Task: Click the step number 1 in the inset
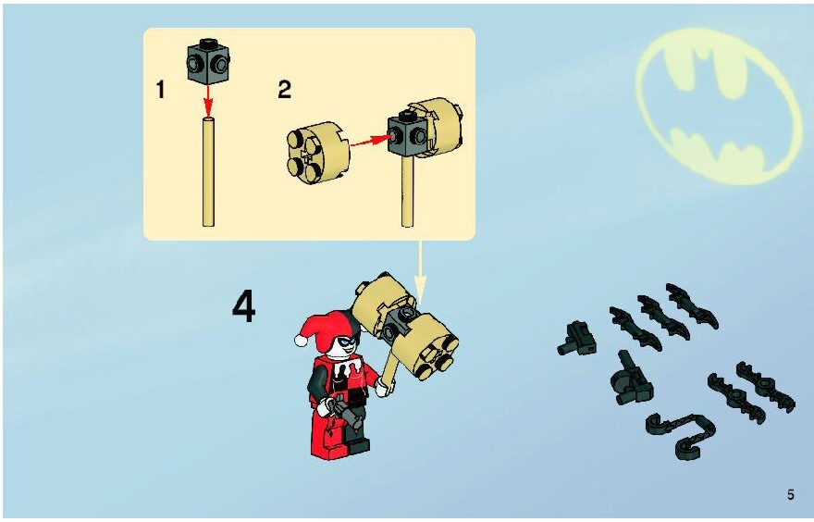pos(160,90)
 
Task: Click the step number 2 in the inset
pos(285,90)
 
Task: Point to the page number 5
pos(790,494)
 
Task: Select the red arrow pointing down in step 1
pos(208,101)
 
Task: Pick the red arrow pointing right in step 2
pos(371,141)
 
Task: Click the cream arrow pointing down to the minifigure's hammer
pos(420,272)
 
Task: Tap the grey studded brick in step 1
pos(208,61)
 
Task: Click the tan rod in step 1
pos(208,172)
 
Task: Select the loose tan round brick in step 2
pos(317,152)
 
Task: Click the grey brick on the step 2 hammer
pos(408,134)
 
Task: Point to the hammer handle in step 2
pos(408,192)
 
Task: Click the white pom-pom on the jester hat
pos(300,340)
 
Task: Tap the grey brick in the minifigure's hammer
pos(399,322)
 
